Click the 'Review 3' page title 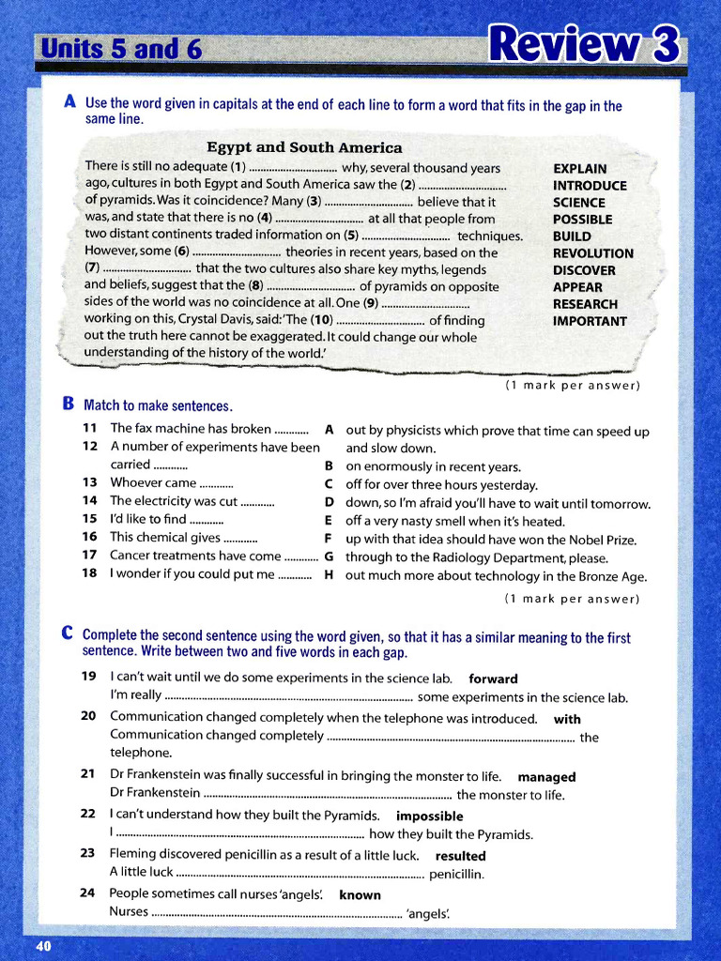(583, 43)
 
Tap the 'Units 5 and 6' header (119, 49)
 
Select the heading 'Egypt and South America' (304, 147)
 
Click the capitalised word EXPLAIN (579, 169)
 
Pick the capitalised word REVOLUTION (592, 253)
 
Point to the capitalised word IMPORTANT (590, 321)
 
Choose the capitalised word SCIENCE (578, 203)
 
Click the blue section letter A (69, 102)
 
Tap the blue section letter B (69, 404)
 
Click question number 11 (89, 428)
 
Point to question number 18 (89, 574)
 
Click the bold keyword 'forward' (493, 679)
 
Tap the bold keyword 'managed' (546, 777)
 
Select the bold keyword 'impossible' (429, 816)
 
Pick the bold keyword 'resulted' (460, 856)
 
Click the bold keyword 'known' (360, 895)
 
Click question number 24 (88, 893)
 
